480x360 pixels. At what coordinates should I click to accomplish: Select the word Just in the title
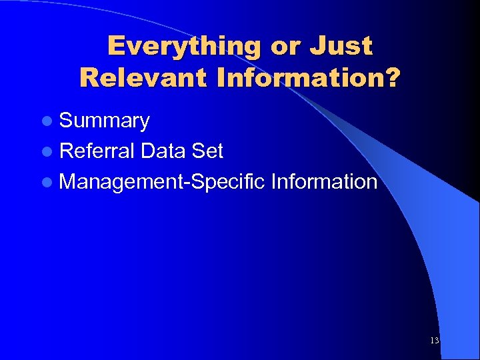click(x=341, y=46)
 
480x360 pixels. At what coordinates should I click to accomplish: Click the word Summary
click(x=104, y=121)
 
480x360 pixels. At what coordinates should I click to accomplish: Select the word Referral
click(x=98, y=151)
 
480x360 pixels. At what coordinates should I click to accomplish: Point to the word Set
click(x=207, y=151)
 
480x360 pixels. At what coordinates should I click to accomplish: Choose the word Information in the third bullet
click(x=324, y=181)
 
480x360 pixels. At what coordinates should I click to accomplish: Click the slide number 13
click(x=435, y=341)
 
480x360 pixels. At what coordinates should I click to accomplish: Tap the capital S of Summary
click(x=65, y=121)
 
